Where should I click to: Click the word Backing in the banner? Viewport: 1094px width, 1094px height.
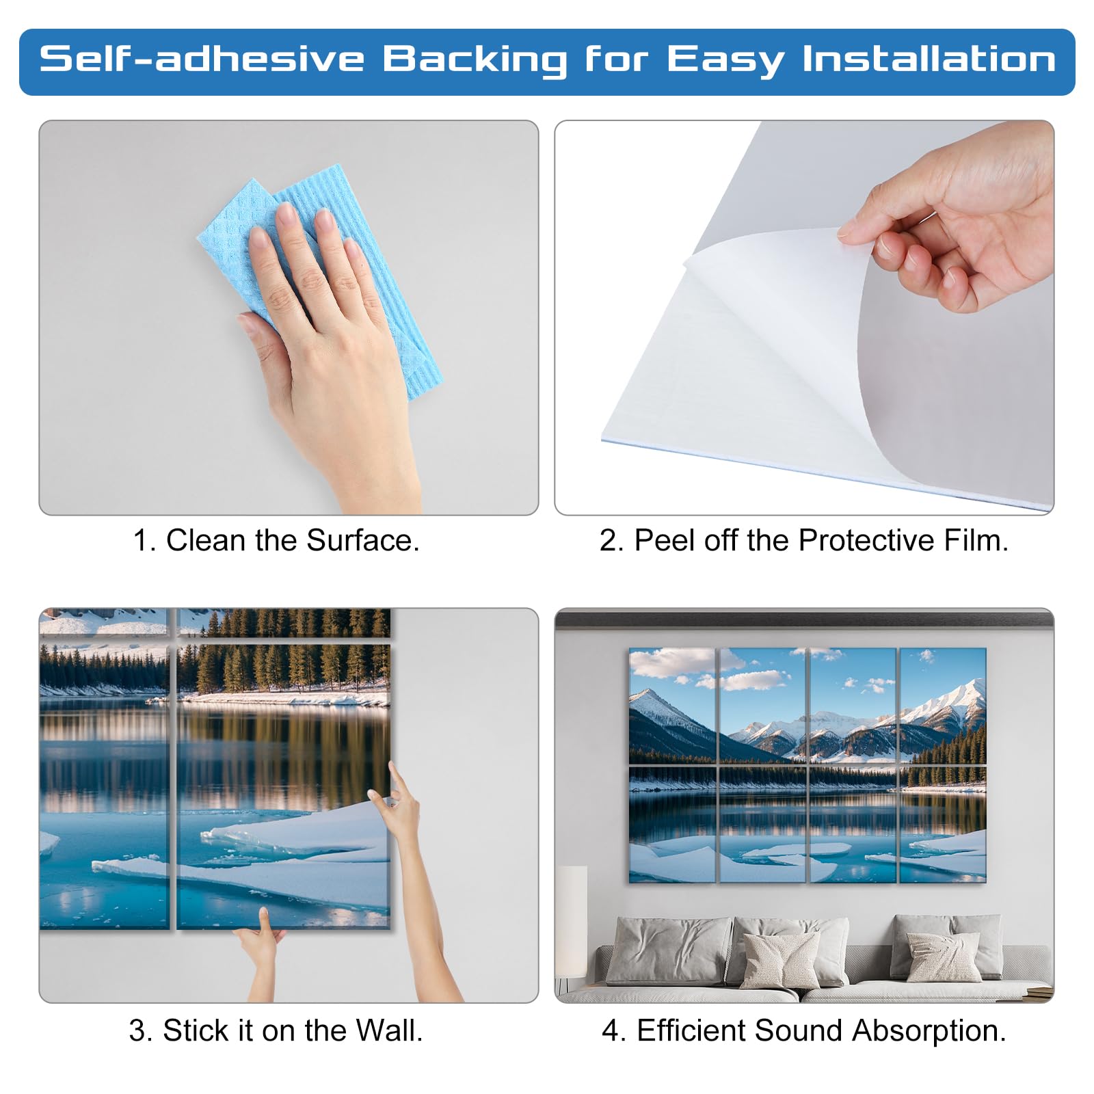tap(475, 60)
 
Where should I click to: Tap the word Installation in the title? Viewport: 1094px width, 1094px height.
tap(929, 59)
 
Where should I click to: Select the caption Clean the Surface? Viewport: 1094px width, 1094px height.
tap(276, 540)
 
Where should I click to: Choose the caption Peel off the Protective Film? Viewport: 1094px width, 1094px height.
tap(804, 540)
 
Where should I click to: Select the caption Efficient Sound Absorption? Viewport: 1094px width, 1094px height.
tap(804, 1030)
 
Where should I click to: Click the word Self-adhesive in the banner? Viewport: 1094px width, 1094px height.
tap(202, 59)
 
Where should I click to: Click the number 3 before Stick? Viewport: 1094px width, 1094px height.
tap(137, 1031)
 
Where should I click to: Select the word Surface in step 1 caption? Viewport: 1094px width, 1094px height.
tap(362, 540)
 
